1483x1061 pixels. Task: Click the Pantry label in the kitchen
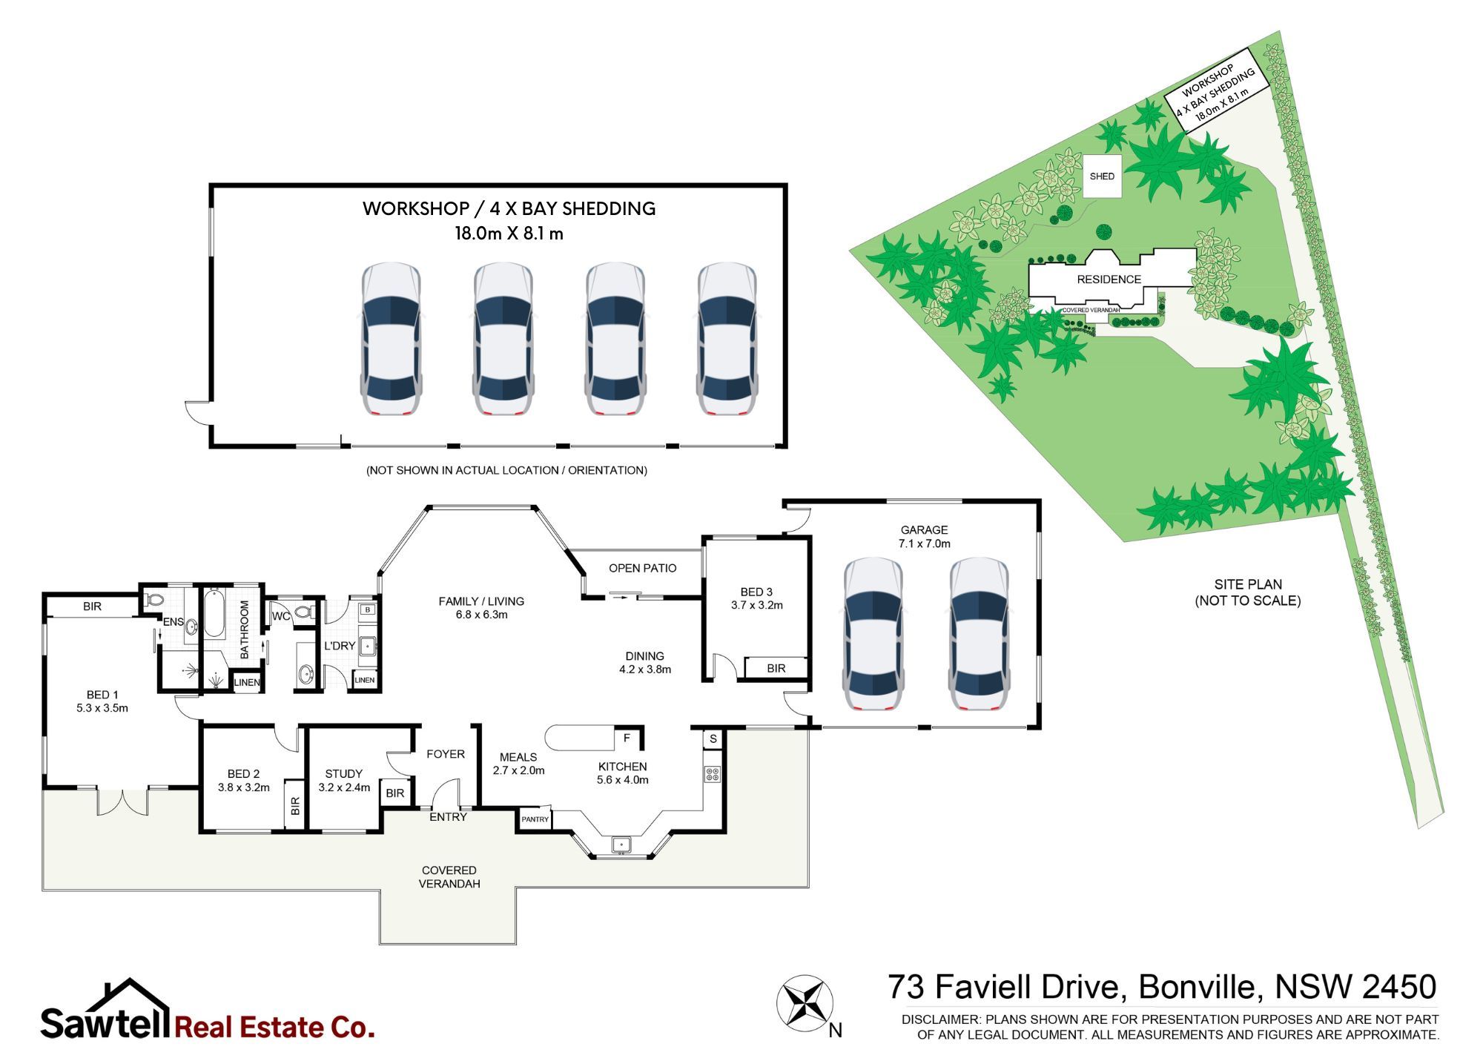click(x=535, y=819)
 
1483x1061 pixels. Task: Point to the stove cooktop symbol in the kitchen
click(x=712, y=775)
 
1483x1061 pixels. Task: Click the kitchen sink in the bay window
click(x=621, y=844)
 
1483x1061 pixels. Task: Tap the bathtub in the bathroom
click(x=214, y=613)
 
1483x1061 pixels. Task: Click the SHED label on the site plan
click(x=1102, y=176)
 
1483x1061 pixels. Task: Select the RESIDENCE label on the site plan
click(x=1109, y=280)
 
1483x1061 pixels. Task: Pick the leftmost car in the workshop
click(x=391, y=339)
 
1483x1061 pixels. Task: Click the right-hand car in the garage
click(x=979, y=634)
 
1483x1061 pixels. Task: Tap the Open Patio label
click(x=642, y=569)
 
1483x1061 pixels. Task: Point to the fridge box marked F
click(x=627, y=738)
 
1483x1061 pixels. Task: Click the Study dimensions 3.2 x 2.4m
click(x=344, y=787)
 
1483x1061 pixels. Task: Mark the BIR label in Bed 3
click(x=776, y=669)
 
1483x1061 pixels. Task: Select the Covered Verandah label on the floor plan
click(x=449, y=877)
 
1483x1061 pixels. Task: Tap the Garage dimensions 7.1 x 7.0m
click(x=924, y=543)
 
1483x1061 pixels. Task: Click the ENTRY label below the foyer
click(x=448, y=817)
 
